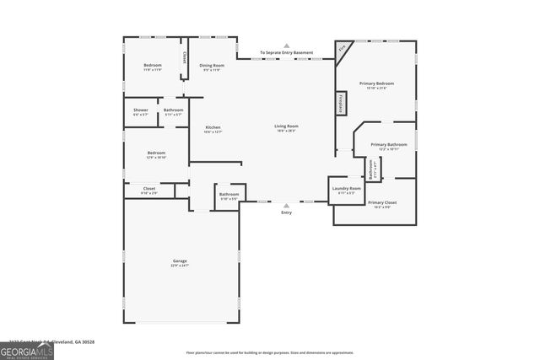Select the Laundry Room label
(346, 190)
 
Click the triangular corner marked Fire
(342, 49)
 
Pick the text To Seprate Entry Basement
(286, 53)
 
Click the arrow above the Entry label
(286, 205)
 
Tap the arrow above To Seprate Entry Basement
(286, 46)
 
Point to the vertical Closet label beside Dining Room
(184, 58)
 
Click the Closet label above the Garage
(148, 190)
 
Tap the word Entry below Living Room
(286, 212)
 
